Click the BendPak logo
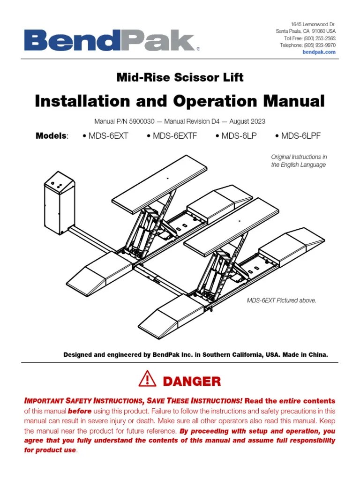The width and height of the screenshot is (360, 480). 111,41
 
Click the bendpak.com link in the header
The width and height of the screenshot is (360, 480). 320,52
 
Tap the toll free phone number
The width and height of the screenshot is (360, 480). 320,38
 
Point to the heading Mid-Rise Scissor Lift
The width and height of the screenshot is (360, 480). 180,77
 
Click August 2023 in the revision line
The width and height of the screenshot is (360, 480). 247,121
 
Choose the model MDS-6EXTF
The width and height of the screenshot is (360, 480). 172,136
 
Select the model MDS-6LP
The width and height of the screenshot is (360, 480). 237,136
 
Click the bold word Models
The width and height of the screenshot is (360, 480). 51,136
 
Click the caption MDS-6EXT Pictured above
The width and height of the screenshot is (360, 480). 281,300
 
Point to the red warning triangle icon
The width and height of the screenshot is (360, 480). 147,378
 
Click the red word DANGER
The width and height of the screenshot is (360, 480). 192,381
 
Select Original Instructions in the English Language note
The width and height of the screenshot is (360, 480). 299,161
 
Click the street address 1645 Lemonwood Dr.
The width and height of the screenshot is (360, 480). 313,24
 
